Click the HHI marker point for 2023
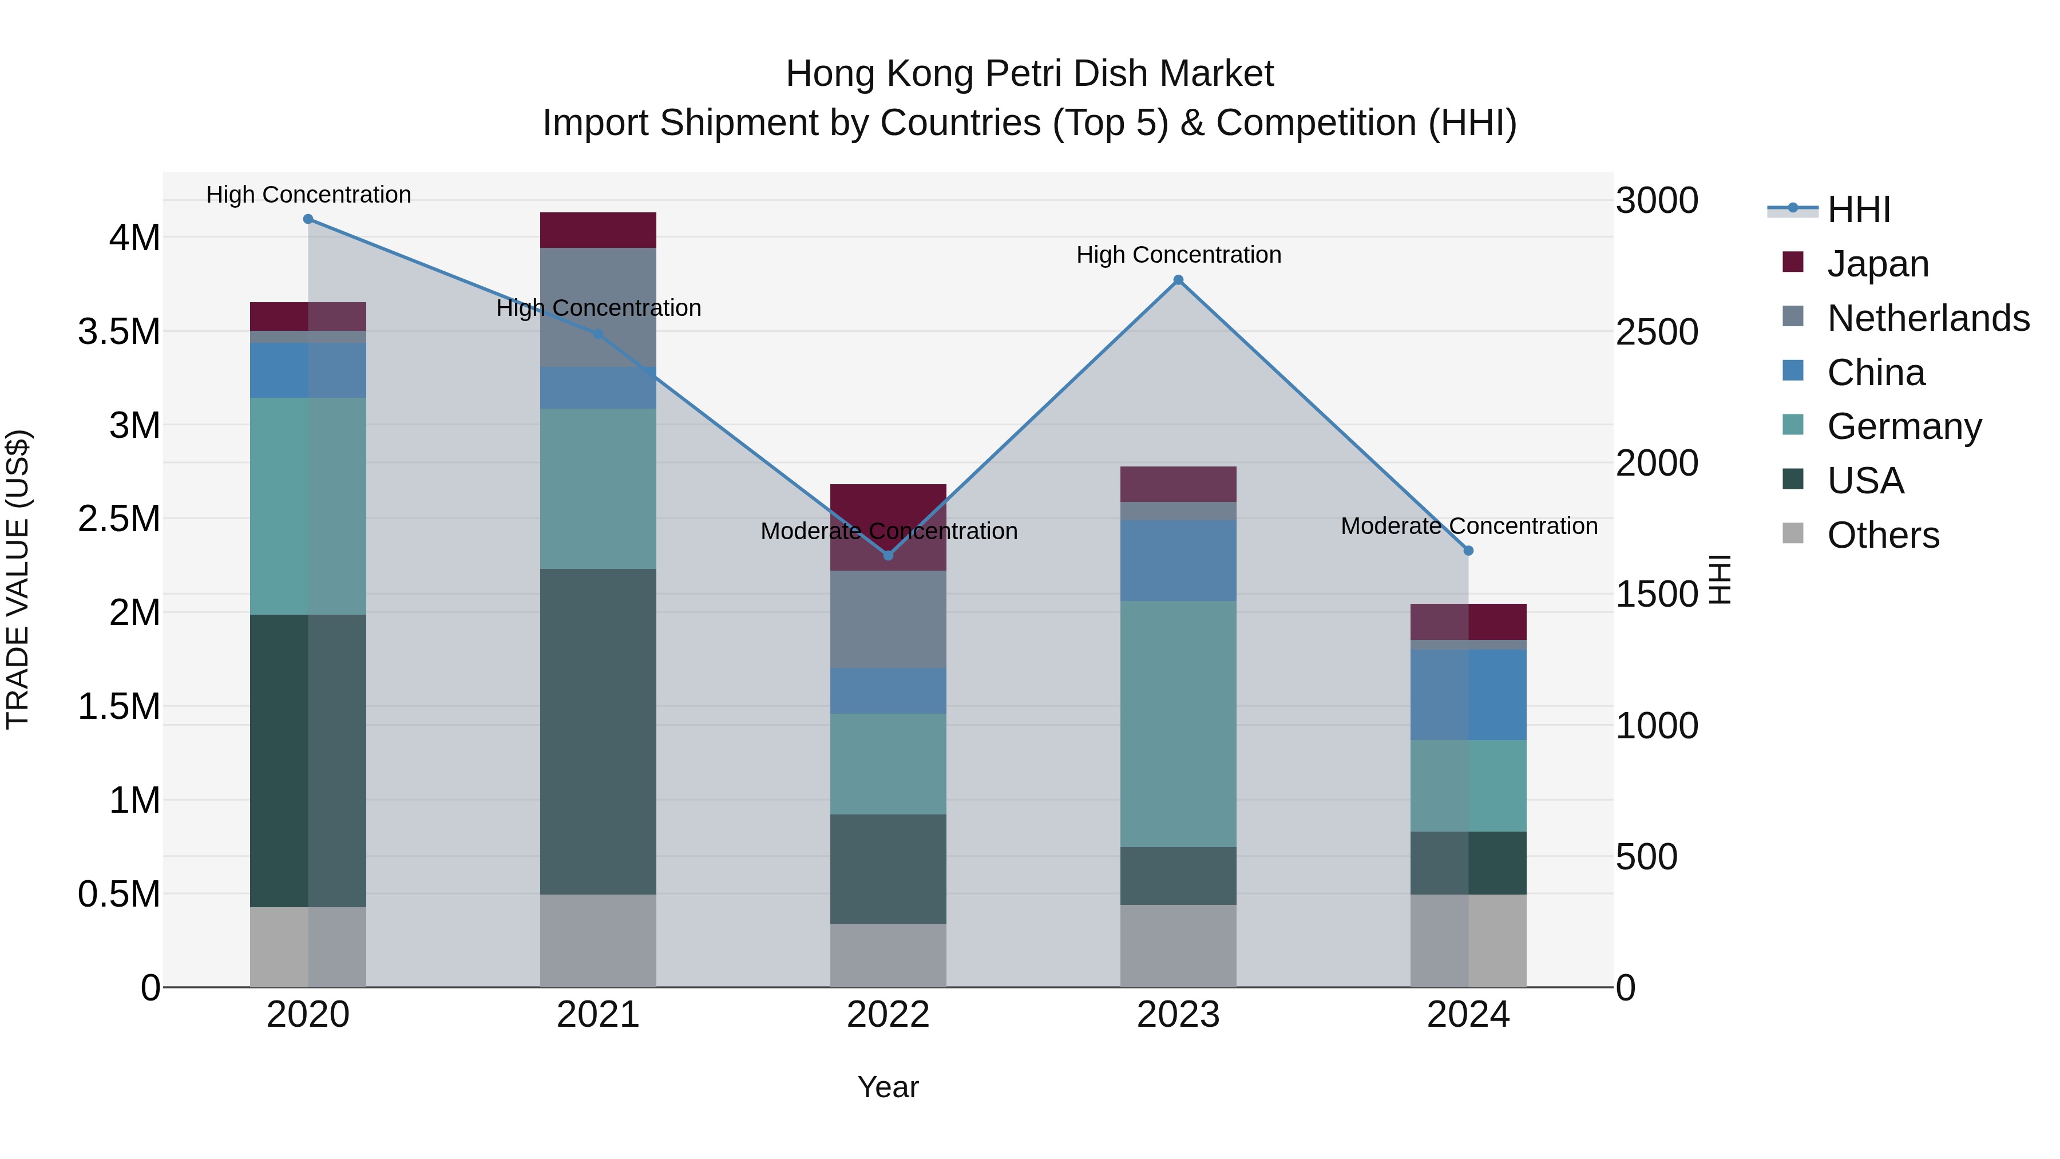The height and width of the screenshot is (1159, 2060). click(1178, 280)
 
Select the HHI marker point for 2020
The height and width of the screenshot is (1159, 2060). click(308, 219)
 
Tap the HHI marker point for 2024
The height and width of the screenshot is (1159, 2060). click(1468, 550)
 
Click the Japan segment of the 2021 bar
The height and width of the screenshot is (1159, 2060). click(598, 230)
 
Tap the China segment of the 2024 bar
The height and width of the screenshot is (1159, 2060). click(1468, 694)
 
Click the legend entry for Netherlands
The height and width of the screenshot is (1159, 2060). click(1927, 318)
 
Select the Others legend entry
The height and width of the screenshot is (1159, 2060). click(1883, 535)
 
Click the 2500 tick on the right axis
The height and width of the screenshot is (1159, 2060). click(1657, 332)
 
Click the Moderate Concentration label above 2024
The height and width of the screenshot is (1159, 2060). click(1468, 527)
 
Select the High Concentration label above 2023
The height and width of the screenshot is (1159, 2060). click(1178, 255)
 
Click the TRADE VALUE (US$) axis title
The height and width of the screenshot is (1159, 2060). click(18, 579)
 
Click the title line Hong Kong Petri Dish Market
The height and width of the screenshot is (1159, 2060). click(1029, 74)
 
